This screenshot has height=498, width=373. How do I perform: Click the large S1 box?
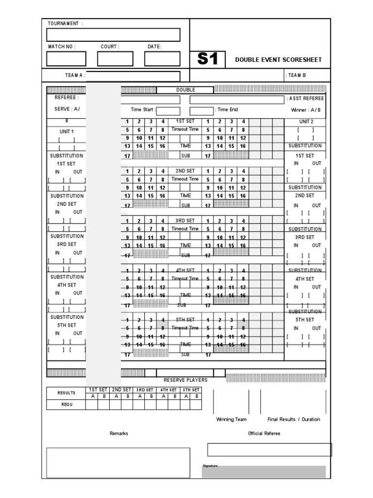click(x=207, y=59)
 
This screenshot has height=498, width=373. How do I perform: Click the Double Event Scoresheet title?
click(x=278, y=60)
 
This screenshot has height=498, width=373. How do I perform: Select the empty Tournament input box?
click(x=113, y=35)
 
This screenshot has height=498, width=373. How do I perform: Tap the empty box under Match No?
click(x=67, y=59)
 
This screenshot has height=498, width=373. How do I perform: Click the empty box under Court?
click(x=115, y=59)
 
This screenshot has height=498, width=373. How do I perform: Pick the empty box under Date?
click(x=162, y=59)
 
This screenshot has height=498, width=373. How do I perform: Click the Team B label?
click(x=297, y=75)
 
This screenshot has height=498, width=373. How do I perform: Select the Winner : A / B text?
click(x=306, y=110)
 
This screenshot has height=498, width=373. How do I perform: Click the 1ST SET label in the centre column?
click(x=185, y=121)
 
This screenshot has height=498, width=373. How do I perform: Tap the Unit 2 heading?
click(x=306, y=122)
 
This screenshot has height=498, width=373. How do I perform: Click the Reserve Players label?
click(x=186, y=380)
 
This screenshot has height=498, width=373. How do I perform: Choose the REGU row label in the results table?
click(x=66, y=405)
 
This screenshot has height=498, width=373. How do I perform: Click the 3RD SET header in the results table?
click(x=145, y=390)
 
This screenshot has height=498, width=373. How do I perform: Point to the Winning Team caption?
click(x=232, y=419)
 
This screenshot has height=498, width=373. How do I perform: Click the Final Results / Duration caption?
click(x=294, y=419)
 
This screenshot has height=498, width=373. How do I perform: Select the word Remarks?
click(x=119, y=433)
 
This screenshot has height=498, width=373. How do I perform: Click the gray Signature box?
click(x=264, y=472)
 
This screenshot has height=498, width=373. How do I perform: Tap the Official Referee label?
click(x=264, y=433)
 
